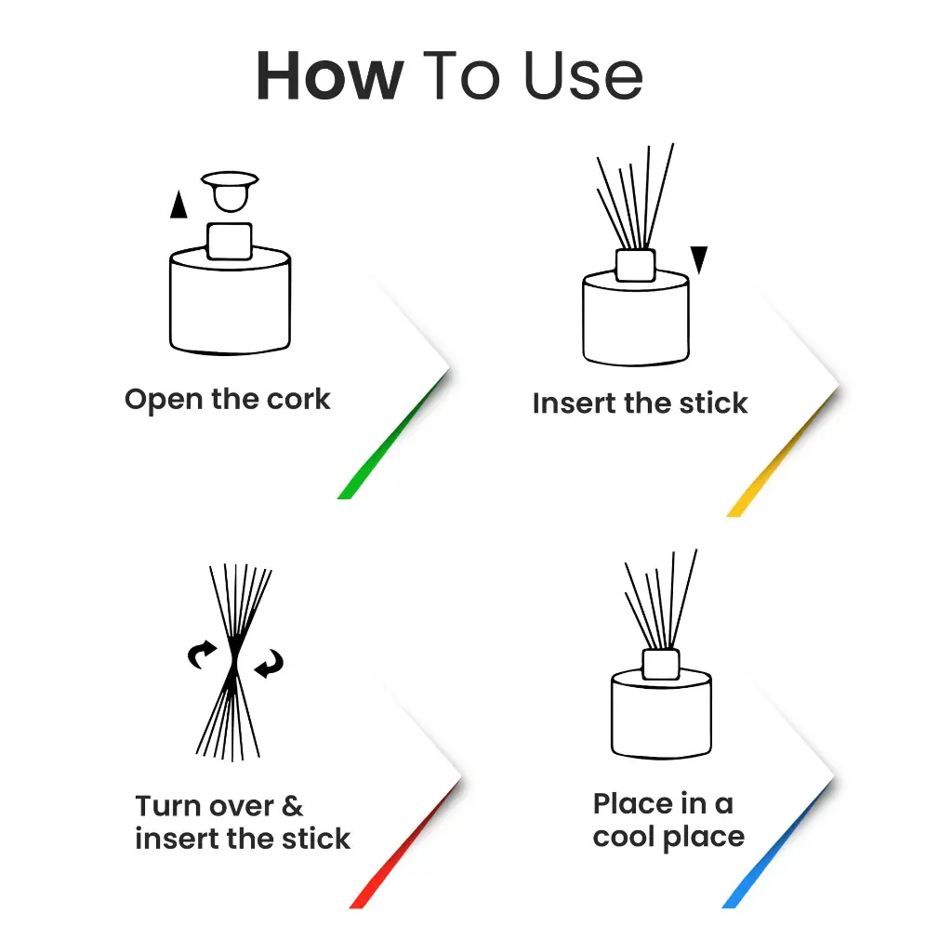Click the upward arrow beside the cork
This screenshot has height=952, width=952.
178,205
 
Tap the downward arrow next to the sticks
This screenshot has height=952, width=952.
699,259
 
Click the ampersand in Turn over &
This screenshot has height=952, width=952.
292,805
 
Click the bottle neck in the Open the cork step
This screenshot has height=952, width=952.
229,242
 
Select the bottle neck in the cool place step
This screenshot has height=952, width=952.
661,664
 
